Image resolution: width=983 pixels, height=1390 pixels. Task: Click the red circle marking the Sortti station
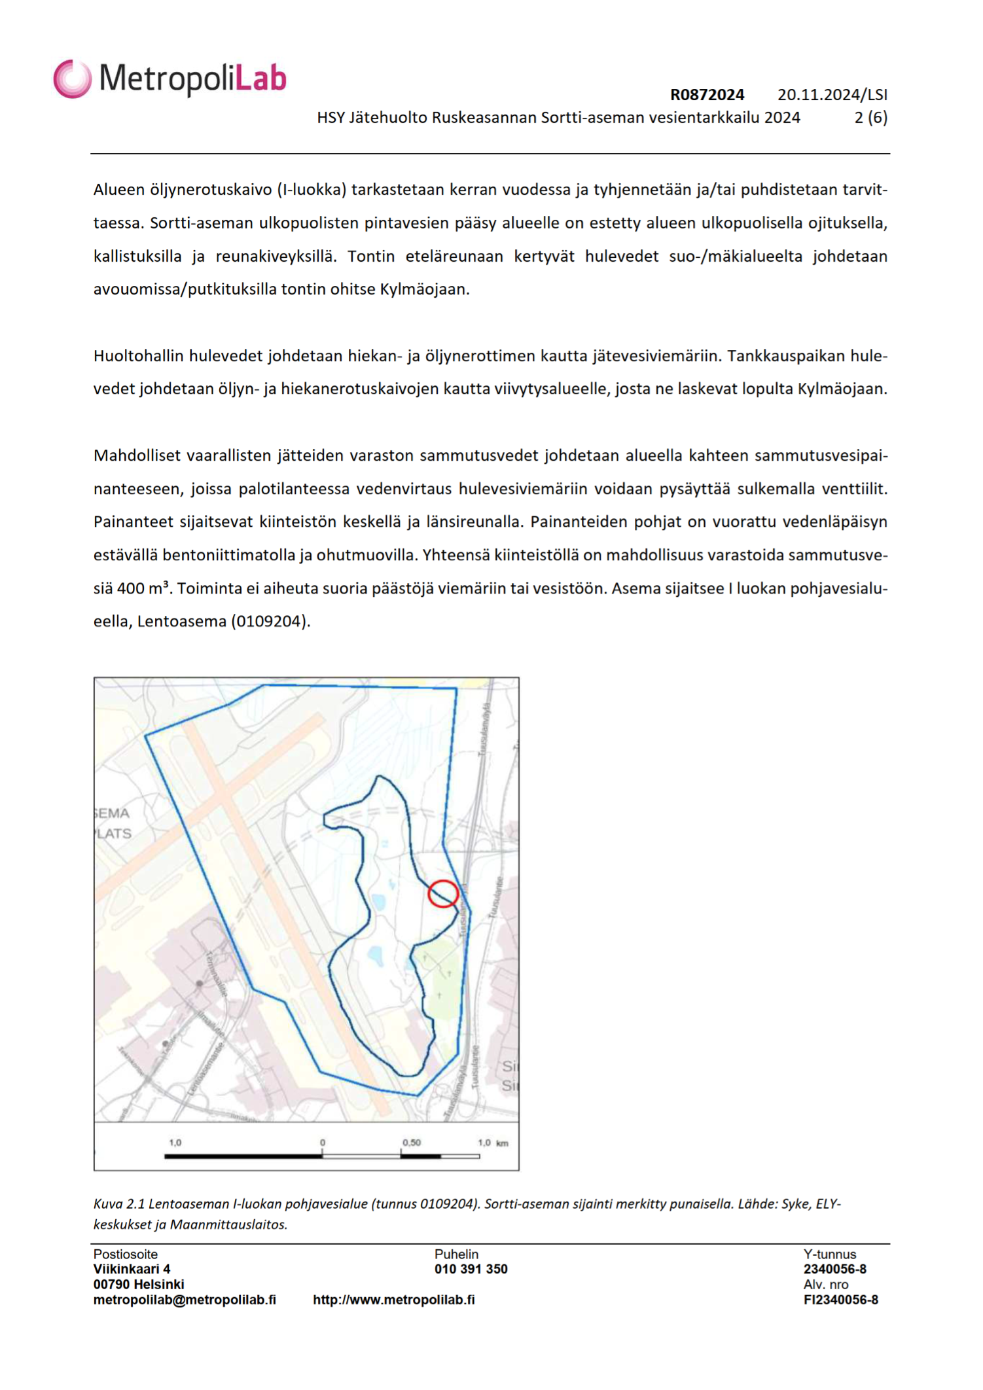[x=443, y=893]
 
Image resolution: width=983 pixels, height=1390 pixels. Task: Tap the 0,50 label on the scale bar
[x=412, y=1143]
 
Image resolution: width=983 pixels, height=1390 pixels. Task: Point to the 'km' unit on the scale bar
[x=502, y=1143]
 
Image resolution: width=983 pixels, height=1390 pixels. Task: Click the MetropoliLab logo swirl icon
[x=72, y=79]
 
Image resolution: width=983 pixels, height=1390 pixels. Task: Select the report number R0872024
[x=707, y=95]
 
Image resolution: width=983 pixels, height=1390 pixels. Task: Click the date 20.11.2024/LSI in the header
[x=832, y=95]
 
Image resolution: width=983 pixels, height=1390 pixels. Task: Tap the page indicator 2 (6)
[x=870, y=118]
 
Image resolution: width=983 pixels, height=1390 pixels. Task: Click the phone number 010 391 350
[x=471, y=1269]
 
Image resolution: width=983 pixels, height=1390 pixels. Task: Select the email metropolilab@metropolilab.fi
[x=185, y=1300]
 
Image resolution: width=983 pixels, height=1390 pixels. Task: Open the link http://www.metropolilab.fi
[x=393, y=1300]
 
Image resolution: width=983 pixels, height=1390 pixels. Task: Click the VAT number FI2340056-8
[x=840, y=1300]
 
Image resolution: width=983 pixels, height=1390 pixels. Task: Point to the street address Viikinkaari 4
[x=132, y=1269]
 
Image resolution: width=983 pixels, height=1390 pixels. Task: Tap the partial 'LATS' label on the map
[x=114, y=834]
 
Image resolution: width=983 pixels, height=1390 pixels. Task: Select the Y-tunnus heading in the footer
[x=829, y=1254]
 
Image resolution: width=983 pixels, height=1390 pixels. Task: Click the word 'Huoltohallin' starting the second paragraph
[x=139, y=356]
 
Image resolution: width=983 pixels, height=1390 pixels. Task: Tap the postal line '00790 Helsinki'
[x=139, y=1284]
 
